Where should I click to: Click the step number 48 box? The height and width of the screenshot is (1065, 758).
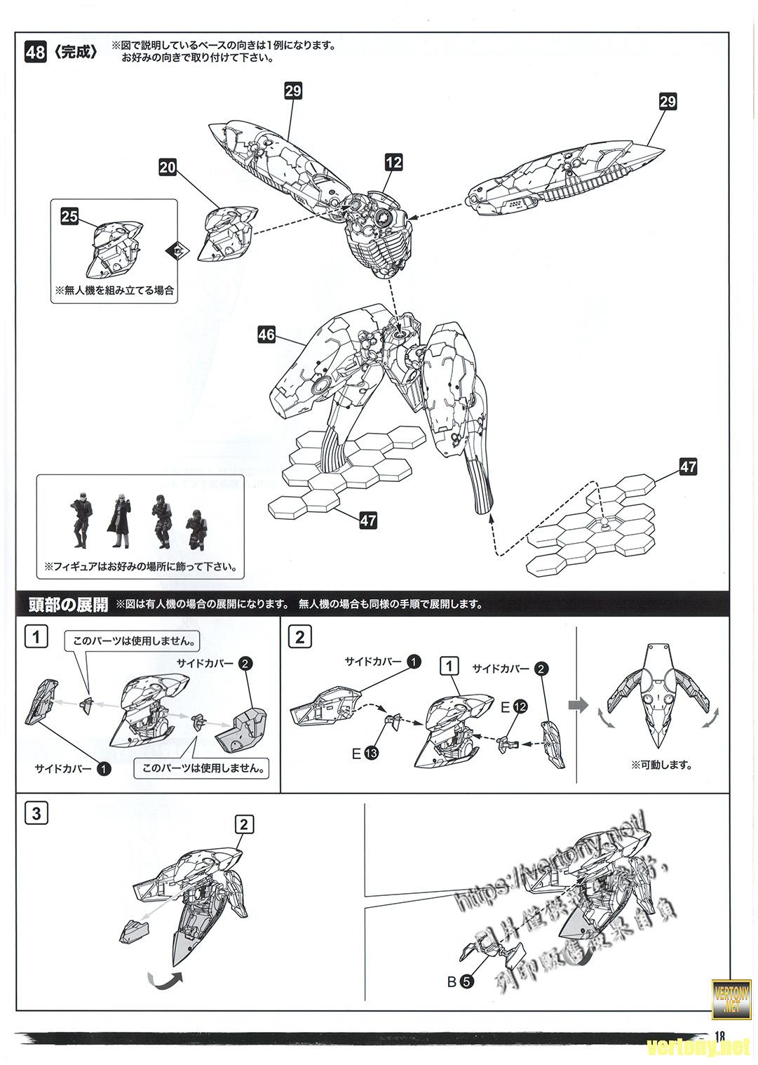click(x=35, y=53)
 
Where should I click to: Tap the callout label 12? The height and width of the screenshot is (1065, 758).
click(x=393, y=162)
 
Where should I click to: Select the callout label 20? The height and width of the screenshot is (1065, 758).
click(x=168, y=167)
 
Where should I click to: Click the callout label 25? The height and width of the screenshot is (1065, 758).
click(x=69, y=217)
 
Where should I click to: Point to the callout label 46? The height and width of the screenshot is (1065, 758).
click(x=266, y=335)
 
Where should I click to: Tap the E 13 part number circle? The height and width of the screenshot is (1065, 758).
click(x=372, y=753)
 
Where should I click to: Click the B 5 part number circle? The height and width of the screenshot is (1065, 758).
click(x=467, y=982)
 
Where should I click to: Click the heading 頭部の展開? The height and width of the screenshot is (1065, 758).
click(x=68, y=605)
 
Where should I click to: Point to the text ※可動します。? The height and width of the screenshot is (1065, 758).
click(x=661, y=765)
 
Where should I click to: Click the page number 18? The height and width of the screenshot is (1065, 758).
click(x=721, y=1037)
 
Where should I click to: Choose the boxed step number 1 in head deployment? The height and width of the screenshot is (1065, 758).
click(x=36, y=637)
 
